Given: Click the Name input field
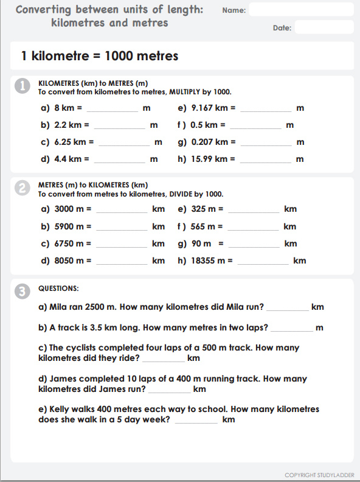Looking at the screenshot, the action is (x=301, y=10).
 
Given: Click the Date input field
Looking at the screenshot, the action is (x=324, y=27).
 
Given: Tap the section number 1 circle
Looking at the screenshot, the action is (x=22, y=87).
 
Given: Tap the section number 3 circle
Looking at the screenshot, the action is (x=22, y=292).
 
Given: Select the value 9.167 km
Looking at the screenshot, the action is (x=209, y=108).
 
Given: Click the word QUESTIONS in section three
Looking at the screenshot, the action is (x=58, y=288).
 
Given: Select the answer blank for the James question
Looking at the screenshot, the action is (x=169, y=390).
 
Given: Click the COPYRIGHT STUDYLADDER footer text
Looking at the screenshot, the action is (x=319, y=475).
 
